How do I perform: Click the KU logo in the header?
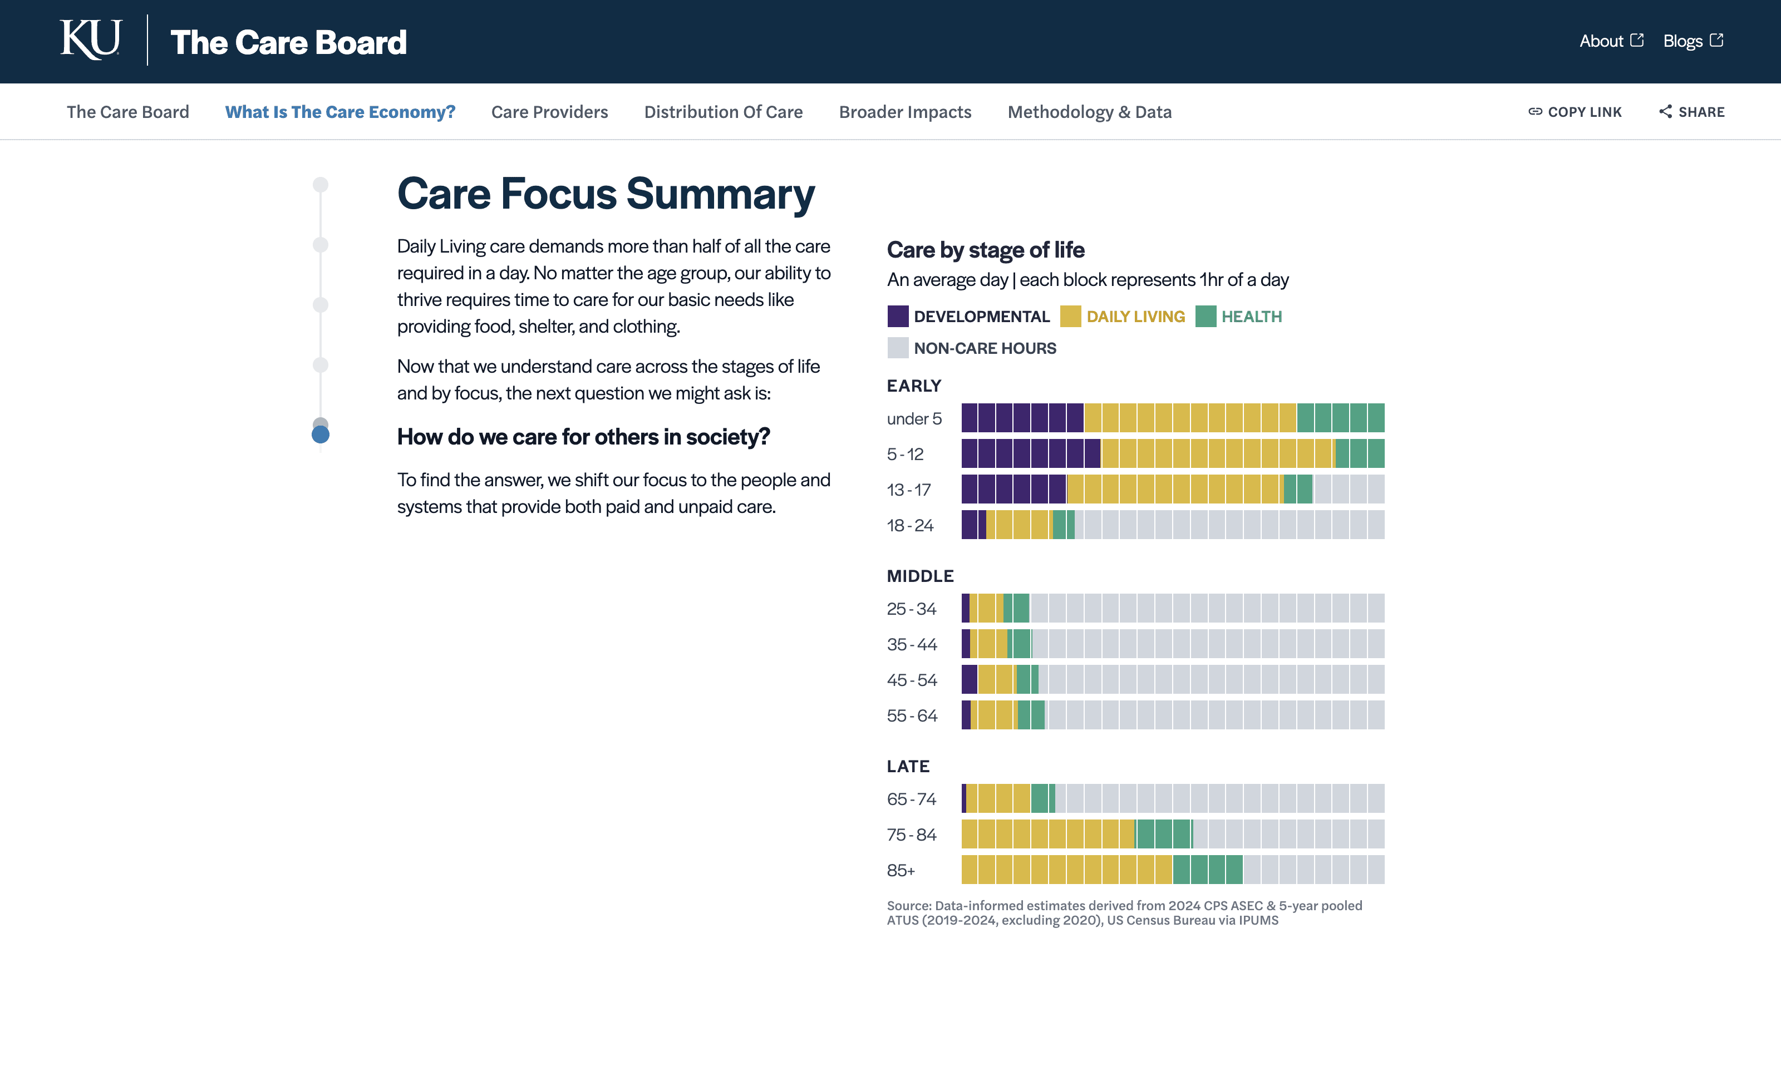90,41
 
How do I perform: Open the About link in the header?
1611,41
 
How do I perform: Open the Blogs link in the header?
1692,41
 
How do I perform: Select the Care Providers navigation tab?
549,112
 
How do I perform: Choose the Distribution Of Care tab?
723,112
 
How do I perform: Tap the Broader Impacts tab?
905,112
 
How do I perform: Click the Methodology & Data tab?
1089,112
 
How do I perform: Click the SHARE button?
1691,112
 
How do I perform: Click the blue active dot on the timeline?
320,435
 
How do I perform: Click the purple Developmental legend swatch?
898,317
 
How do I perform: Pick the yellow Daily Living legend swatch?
1070,317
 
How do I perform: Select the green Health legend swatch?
1206,317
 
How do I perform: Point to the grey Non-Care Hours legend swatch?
898,348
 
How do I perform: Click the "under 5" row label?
914,419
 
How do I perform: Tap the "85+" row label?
901,871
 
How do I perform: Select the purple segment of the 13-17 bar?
1014,489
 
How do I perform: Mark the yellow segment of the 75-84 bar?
1048,835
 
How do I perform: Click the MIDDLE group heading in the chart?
920,576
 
